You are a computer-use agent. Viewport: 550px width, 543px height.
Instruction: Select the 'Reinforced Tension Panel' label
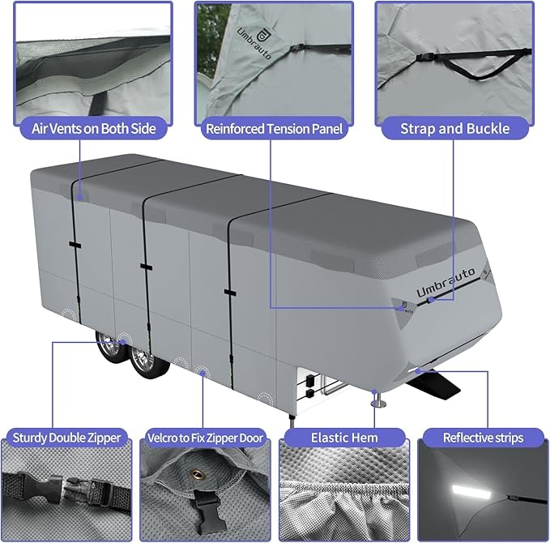click(275, 128)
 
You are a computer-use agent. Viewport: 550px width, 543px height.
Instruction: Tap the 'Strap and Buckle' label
click(454, 128)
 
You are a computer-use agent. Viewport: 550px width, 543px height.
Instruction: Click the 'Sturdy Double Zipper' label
click(67, 438)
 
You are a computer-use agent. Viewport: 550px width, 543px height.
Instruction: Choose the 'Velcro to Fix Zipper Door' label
click(206, 438)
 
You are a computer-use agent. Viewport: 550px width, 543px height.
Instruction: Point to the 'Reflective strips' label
click(483, 438)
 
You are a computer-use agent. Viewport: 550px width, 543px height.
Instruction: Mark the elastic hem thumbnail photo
click(343, 494)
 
